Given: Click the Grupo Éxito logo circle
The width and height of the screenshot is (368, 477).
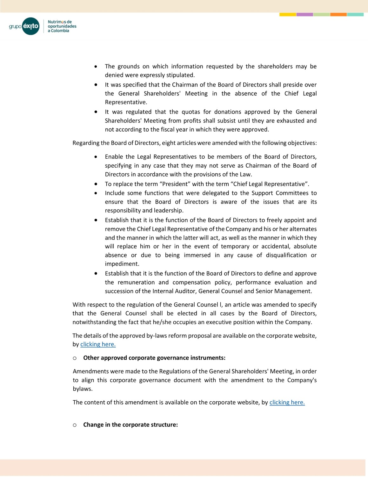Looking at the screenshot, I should click(x=31, y=26).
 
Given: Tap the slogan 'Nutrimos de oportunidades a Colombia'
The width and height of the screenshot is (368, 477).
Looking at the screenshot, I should click(x=62, y=26).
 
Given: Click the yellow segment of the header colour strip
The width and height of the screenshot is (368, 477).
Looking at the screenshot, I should click(x=288, y=14).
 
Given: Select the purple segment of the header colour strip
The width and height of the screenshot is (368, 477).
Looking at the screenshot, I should click(x=304, y=14).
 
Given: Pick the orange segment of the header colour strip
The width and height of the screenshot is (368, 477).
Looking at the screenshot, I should click(x=338, y=14).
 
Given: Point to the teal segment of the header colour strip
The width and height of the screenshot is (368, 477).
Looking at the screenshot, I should click(x=355, y=14).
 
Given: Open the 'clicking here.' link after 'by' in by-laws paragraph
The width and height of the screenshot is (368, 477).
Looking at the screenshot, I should click(x=98, y=344).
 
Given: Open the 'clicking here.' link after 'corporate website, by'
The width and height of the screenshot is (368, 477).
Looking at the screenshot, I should click(x=287, y=402).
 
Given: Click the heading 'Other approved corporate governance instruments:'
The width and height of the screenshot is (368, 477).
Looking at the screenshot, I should click(x=154, y=358).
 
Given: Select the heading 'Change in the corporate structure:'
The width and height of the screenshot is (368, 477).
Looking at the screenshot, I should click(x=130, y=425).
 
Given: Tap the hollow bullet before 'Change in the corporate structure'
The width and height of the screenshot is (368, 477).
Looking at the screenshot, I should click(x=75, y=425).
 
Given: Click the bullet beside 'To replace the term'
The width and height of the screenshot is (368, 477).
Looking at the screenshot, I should click(x=96, y=184).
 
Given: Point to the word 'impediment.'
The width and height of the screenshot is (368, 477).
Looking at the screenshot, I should click(x=122, y=264).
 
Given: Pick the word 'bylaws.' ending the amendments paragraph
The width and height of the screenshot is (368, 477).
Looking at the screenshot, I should click(x=83, y=389).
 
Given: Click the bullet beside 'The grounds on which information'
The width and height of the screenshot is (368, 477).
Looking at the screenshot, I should click(x=96, y=66).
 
